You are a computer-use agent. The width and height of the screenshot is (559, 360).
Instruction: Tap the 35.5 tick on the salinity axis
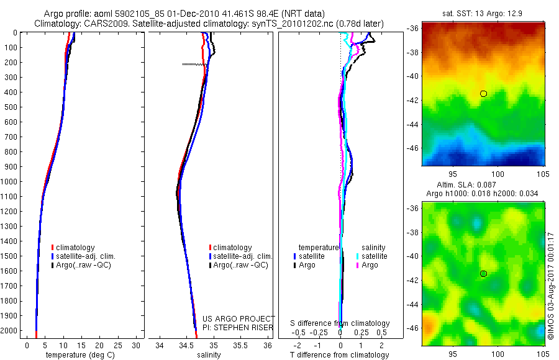[240, 345]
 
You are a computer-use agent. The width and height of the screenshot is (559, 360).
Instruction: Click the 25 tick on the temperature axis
[118, 345]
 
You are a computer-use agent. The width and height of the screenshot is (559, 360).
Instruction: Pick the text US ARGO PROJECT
[238, 318]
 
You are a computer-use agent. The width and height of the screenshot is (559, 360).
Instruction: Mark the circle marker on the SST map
[483, 94]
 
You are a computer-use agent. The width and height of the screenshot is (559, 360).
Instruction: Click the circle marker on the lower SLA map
[483, 274]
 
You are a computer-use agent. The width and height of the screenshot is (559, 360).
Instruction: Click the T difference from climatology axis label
[340, 355]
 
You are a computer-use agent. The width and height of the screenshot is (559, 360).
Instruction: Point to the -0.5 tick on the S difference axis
[302, 331]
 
